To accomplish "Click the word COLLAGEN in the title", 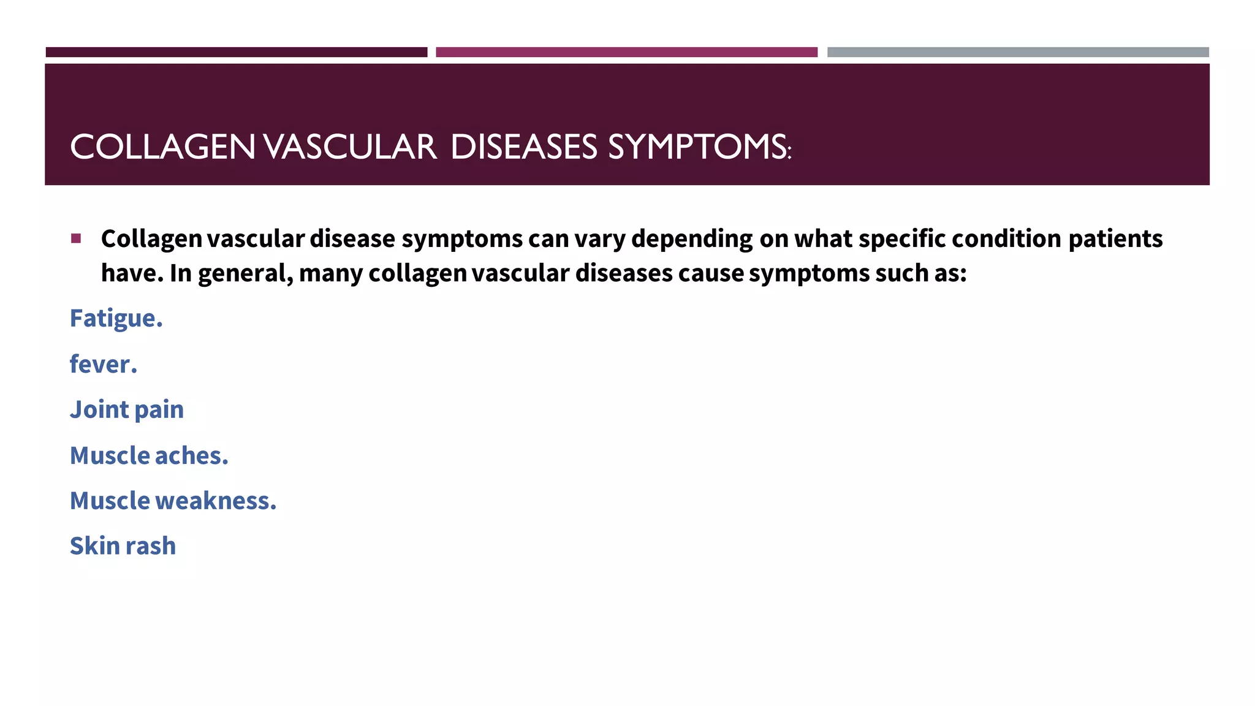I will [x=162, y=148].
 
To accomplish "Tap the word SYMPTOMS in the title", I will [x=699, y=148].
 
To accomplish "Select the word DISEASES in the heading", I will [x=524, y=148].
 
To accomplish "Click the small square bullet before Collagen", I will [x=76, y=238].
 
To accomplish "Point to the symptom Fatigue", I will [x=116, y=319].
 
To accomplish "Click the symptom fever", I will [x=103, y=365].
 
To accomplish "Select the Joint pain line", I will [x=126, y=410].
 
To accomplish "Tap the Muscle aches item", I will [x=149, y=456].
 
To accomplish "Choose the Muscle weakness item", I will [x=173, y=501].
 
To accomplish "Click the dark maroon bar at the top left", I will [x=236, y=52].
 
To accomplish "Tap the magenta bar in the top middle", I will [x=626, y=52].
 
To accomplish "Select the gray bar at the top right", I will [x=1018, y=52].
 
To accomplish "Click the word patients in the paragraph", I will [x=1115, y=239].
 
